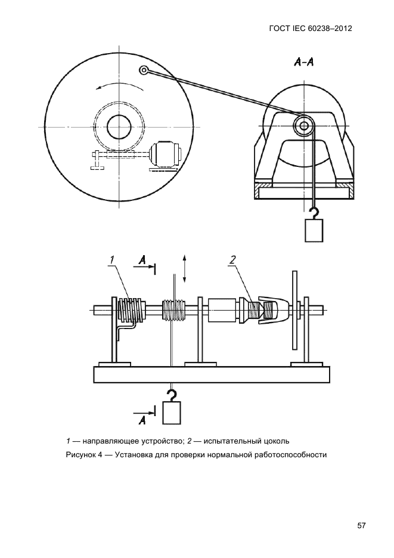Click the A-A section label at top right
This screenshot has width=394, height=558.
click(x=303, y=63)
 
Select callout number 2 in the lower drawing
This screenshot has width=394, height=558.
click(x=232, y=261)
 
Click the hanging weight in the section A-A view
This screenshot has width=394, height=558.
click(x=314, y=230)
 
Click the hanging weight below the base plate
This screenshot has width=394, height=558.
click(x=172, y=413)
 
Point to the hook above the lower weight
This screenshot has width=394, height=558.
click(x=172, y=394)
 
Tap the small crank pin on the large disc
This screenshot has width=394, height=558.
click(x=144, y=70)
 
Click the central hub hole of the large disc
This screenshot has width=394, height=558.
click(x=120, y=127)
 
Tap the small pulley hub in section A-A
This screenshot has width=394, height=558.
click(x=304, y=125)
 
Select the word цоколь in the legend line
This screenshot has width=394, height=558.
click(x=278, y=441)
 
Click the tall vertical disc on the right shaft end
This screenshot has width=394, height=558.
click(x=294, y=309)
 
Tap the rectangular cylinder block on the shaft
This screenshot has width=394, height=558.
click(x=221, y=311)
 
